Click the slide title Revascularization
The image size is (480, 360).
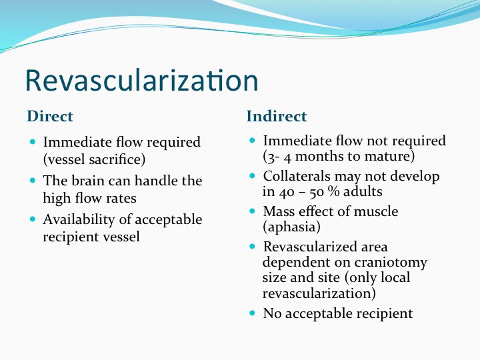click(142, 80)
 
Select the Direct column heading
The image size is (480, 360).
click(50, 116)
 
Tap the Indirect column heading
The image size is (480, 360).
click(277, 116)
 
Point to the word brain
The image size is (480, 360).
click(88, 181)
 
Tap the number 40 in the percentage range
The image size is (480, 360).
click(287, 192)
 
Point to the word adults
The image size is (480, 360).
click(363, 191)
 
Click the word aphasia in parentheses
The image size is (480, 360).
click(291, 227)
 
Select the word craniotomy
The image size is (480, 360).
click(391, 263)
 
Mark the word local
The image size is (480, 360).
click(395, 277)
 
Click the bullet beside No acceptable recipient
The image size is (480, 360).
click(252, 313)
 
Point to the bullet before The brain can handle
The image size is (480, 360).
click(33, 180)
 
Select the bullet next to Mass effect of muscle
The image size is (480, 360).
click(252, 211)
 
